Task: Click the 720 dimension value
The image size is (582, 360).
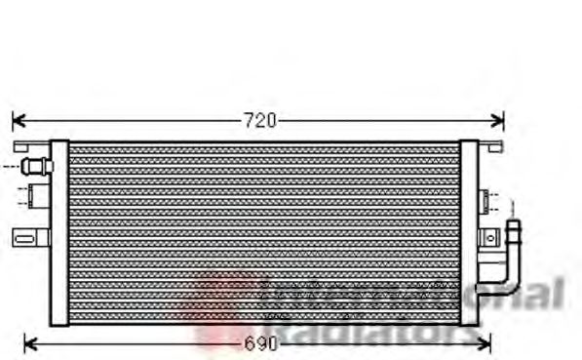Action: (x=259, y=121)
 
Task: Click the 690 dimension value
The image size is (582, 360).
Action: (x=259, y=343)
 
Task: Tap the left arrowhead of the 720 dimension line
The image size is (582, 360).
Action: (x=16, y=121)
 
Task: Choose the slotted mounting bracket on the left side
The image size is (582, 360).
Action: (x=28, y=235)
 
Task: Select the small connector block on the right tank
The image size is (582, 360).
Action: (x=485, y=204)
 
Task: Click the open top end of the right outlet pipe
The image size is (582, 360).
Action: (x=513, y=226)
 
